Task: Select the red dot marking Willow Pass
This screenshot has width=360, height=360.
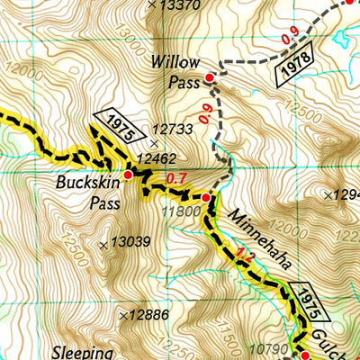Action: click(210, 78)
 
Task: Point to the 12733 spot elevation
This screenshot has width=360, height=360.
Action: click(173, 130)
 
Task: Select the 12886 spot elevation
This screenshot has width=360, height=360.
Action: click(148, 314)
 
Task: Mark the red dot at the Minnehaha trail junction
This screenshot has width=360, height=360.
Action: click(206, 197)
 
